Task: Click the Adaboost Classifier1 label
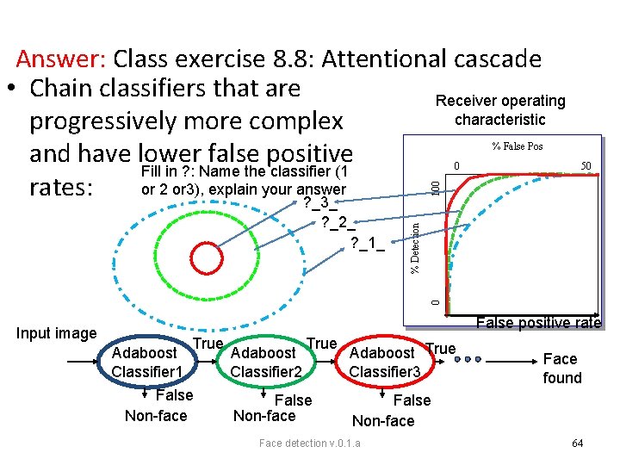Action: (x=146, y=362)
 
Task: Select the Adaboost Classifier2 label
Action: (x=267, y=362)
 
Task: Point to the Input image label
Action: (x=57, y=333)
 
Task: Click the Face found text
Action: (x=561, y=368)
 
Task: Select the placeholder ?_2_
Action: (x=337, y=223)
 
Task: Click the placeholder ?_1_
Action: (x=367, y=244)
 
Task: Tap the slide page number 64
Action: (x=577, y=443)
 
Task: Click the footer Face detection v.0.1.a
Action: (x=310, y=443)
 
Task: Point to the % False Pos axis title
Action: (x=517, y=146)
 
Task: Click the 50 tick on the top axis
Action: (x=586, y=165)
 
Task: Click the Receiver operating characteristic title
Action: (x=500, y=110)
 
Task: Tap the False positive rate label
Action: (x=538, y=323)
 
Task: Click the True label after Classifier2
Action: (x=321, y=344)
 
